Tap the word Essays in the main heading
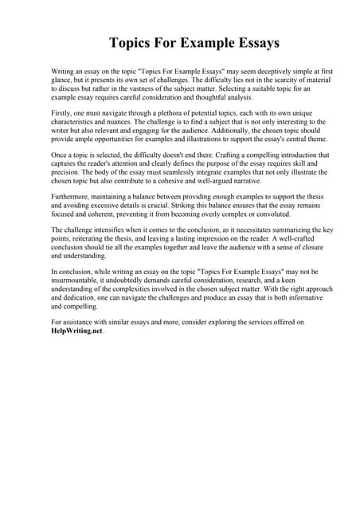(x=253, y=42)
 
